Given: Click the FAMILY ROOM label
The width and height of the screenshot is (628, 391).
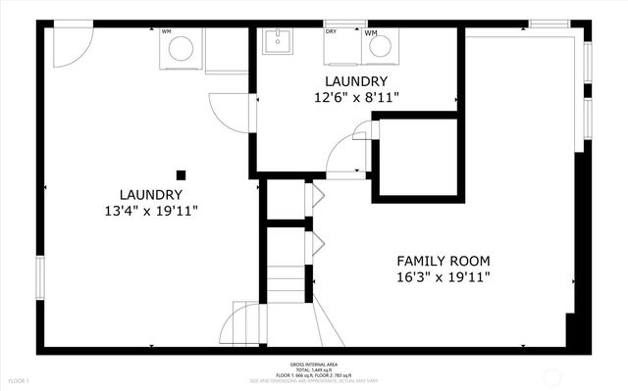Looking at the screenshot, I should click(x=444, y=261).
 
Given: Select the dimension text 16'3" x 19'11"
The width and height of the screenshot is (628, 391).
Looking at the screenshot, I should click(x=444, y=277).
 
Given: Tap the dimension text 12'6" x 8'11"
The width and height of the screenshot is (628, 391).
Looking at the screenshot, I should click(x=356, y=97).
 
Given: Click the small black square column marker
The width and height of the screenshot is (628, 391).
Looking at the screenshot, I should click(x=181, y=174).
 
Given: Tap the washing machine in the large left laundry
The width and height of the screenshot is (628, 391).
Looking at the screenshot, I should click(x=181, y=50).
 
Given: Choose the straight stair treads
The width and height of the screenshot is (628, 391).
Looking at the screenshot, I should click(x=287, y=284).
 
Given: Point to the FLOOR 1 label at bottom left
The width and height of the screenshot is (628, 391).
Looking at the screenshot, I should click(x=19, y=380).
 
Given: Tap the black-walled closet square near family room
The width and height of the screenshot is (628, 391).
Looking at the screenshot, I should click(x=416, y=158).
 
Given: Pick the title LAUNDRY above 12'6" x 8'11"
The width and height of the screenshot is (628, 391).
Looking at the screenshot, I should click(x=356, y=80).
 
